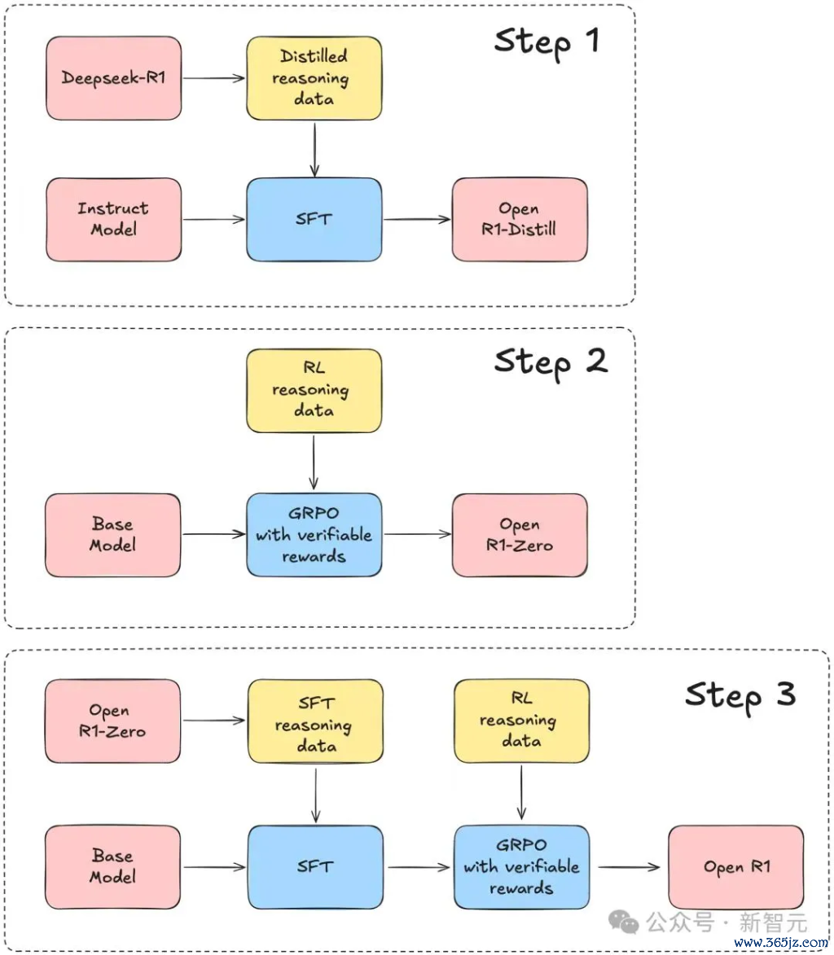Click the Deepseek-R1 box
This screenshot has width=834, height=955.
click(x=113, y=78)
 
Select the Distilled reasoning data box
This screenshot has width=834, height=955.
click(x=314, y=78)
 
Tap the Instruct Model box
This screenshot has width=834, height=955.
click(x=113, y=219)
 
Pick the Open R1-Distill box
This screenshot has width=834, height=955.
click(x=520, y=219)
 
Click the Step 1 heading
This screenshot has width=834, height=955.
click(x=546, y=42)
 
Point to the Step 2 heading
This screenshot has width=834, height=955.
click(x=551, y=363)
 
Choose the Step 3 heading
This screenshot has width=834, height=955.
click(x=740, y=695)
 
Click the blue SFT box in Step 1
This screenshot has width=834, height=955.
click(x=314, y=219)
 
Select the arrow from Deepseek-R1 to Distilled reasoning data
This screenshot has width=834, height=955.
click(x=214, y=78)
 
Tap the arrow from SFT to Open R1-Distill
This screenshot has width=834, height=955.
click(x=417, y=219)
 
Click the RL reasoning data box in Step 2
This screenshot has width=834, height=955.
click(x=314, y=391)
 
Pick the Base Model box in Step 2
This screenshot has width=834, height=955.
click(x=112, y=535)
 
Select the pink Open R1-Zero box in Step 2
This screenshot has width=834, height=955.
click(x=520, y=535)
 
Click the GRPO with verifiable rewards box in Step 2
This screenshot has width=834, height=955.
click(x=314, y=535)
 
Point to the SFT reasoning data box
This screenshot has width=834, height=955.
click(x=315, y=721)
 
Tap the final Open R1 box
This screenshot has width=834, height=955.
click(x=736, y=867)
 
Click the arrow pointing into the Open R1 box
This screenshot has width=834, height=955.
click(x=630, y=867)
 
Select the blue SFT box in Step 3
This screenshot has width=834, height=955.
click(x=315, y=867)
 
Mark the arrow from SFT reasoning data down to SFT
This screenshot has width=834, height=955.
click(x=315, y=795)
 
